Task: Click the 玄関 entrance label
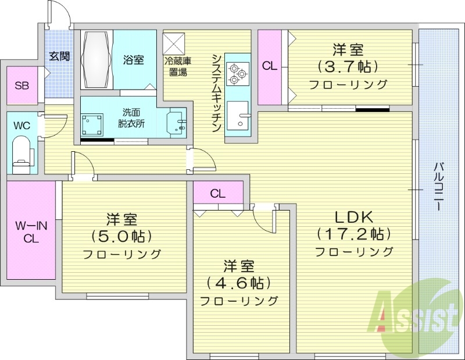[59, 56]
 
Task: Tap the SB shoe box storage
[22, 85]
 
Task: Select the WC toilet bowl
[22, 152]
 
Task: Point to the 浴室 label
[134, 59]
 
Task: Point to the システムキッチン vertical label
[216, 93]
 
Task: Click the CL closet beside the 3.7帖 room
[269, 66]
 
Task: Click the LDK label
[353, 216]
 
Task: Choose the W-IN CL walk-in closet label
[31, 230]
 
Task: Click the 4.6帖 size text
[239, 283]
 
